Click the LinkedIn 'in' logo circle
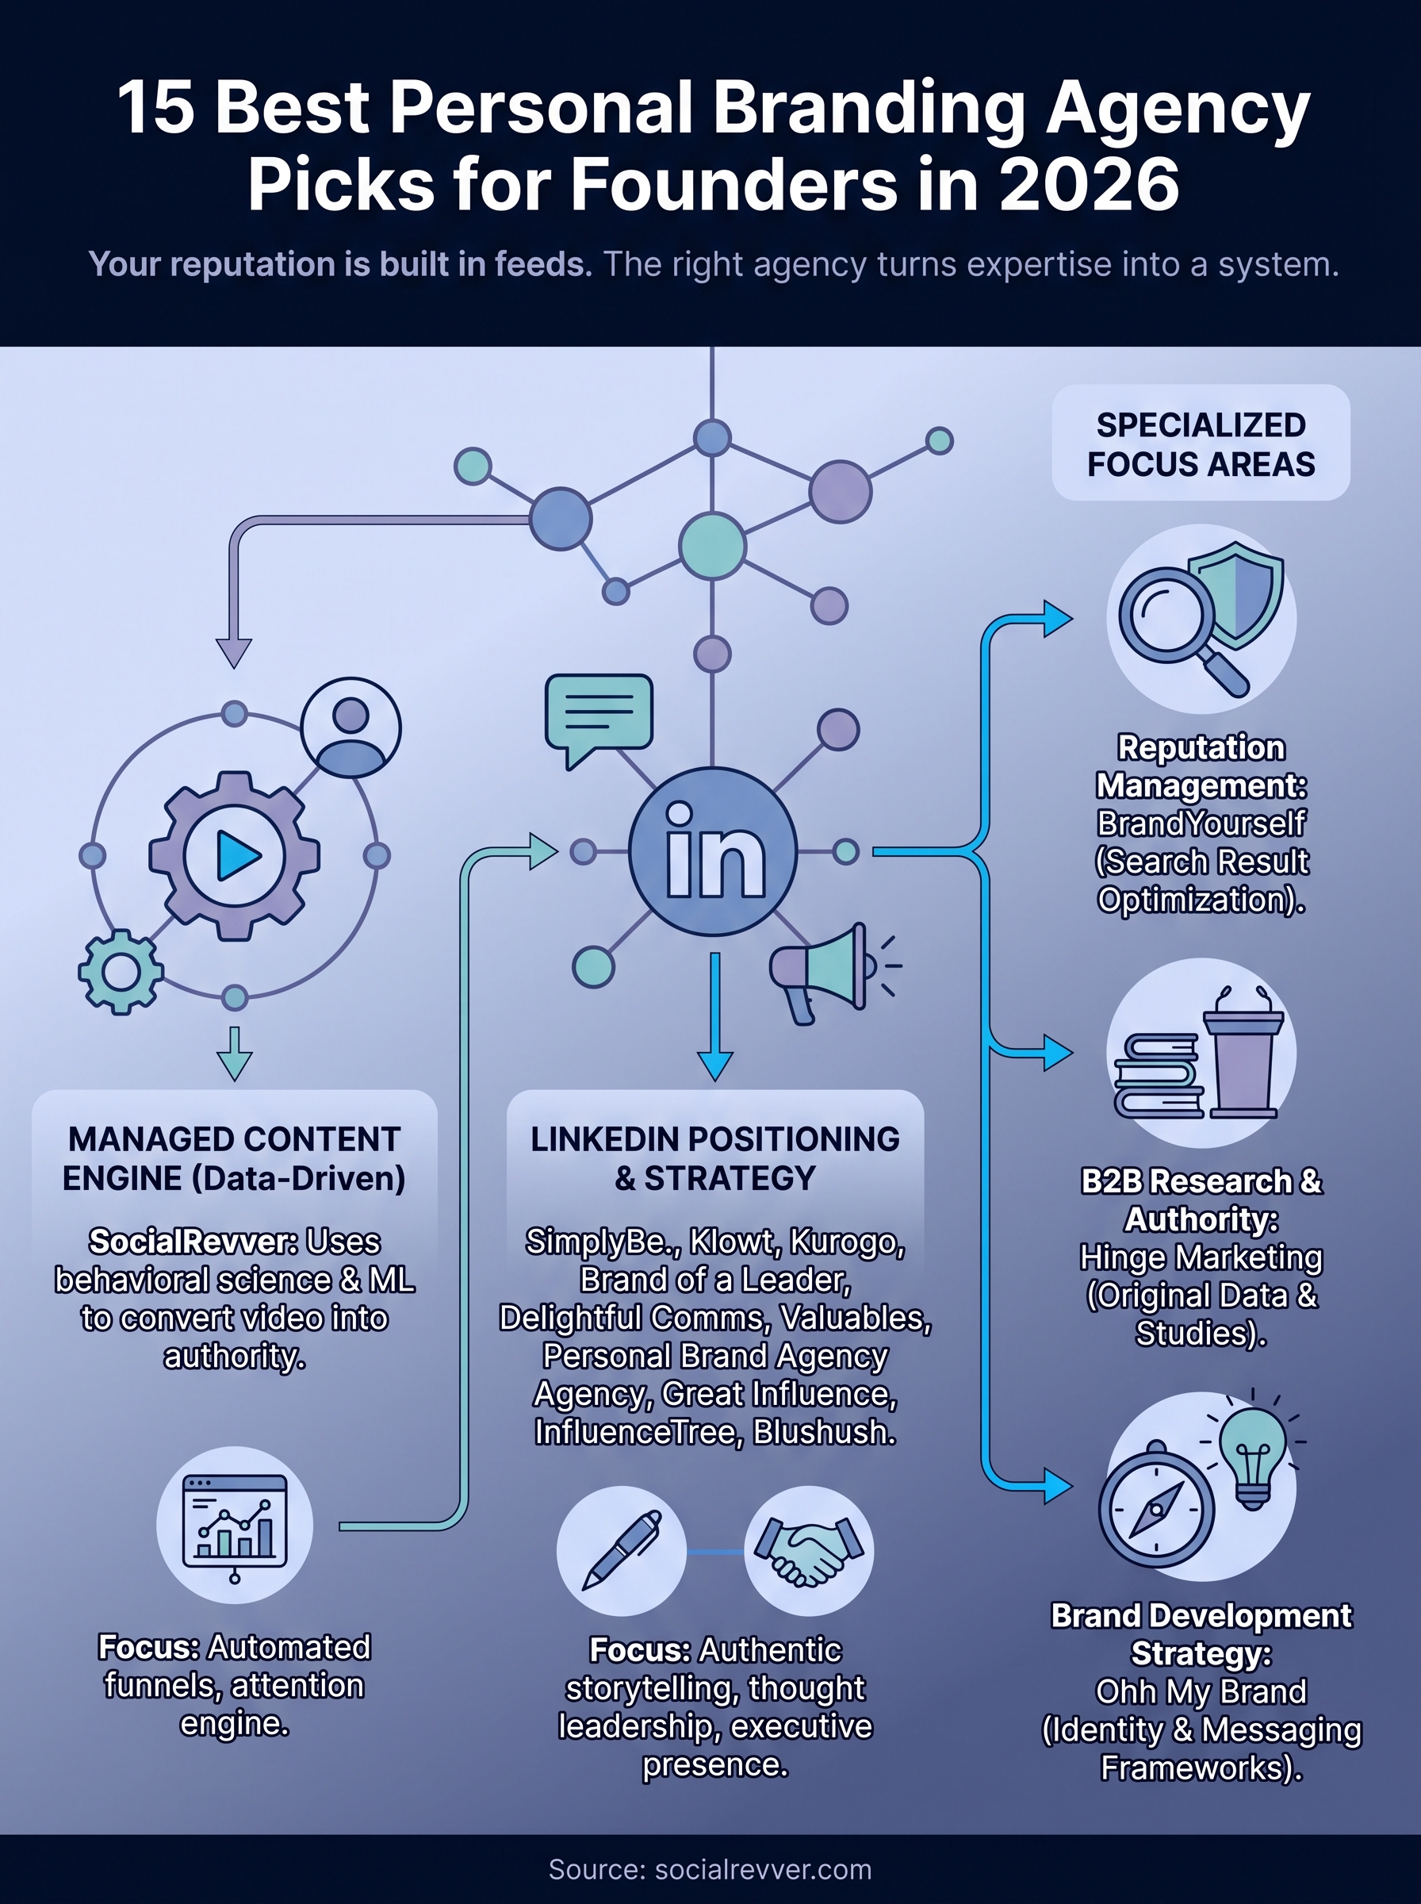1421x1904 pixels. coord(712,851)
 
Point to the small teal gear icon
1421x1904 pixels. coord(121,971)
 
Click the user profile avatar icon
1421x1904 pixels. coord(351,727)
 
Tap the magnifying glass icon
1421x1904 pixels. coord(1174,624)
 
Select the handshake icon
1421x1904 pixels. coord(808,1550)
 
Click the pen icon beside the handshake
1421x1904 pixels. coord(621,1550)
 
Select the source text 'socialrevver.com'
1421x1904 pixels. coord(763,1869)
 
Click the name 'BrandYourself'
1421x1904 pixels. coord(1200,823)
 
